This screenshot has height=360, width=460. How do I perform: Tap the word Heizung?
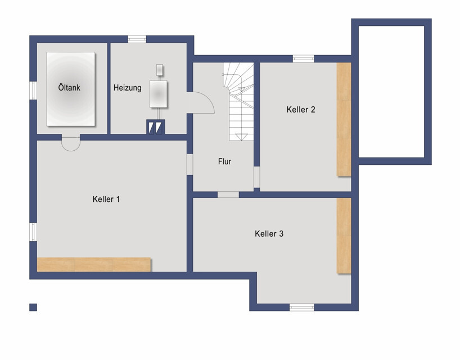click(x=127, y=88)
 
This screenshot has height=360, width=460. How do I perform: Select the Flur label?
click(x=224, y=161)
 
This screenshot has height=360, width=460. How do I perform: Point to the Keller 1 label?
click(x=106, y=199)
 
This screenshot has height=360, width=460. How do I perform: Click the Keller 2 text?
click(x=301, y=110)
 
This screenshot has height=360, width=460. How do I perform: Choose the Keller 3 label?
click(x=269, y=233)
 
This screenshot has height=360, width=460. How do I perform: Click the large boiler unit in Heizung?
click(x=158, y=94)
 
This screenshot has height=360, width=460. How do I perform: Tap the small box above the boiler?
click(x=160, y=70)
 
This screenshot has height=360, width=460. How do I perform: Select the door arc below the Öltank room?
click(x=71, y=145)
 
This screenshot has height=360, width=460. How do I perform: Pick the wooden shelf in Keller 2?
click(x=344, y=119)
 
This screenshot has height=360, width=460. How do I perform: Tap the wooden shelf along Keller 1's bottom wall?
click(x=94, y=264)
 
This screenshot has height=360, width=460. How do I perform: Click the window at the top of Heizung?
click(x=137, y=39)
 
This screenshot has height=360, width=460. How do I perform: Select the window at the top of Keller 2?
click(x=303, y=58)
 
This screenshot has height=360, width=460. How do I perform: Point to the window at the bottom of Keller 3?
click(x=301, y=307)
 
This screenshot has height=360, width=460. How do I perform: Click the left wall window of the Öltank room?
click(x=33, y=90)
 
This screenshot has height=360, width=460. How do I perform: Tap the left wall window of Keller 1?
click(x=33, y=232)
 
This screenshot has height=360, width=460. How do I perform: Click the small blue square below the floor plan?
click(x=33, y=307)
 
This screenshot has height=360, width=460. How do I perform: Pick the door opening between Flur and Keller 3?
click(x=228, y=195)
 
